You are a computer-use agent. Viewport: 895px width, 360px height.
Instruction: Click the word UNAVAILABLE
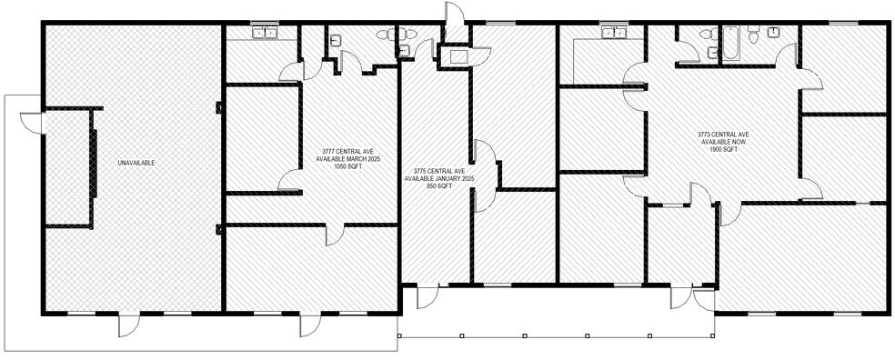point(136,163)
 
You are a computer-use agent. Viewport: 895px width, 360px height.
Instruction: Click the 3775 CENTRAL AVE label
point(439,171)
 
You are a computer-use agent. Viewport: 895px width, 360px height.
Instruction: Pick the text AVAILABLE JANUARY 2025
point(439,178)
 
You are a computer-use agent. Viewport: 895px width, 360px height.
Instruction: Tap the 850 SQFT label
point(439,186)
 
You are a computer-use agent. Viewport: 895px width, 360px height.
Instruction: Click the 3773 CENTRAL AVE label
point(724,134)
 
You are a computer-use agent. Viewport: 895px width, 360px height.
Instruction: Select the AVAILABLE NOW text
point(724,142)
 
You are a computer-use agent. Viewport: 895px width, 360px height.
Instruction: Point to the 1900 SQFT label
point(724,150)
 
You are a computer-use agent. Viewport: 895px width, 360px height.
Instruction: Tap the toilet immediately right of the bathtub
point(752,35)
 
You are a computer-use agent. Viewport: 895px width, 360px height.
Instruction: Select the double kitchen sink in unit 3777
point(266,34)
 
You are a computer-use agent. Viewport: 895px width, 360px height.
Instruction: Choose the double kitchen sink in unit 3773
point(616,34)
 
